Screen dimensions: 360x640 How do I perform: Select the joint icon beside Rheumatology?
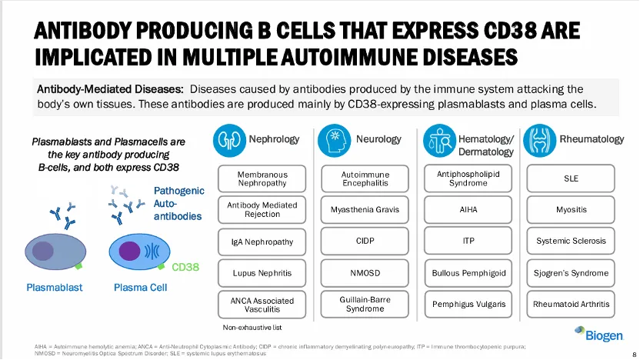pos(538,140)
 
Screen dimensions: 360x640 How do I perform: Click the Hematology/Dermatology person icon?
pos(439,140)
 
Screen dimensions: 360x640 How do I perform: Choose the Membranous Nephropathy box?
pos(262,178)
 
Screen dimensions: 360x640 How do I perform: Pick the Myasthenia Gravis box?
pos(365,209)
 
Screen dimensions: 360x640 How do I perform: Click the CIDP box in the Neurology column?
pos(365,241)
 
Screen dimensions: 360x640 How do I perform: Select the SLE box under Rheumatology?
pos(571,178)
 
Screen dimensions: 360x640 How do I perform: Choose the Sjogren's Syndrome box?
pos(571,272)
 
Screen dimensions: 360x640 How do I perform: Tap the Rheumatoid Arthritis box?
pos(571,304)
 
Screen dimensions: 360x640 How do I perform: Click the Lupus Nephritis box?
pos(262,272)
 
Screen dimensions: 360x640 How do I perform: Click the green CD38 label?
pos(185,267)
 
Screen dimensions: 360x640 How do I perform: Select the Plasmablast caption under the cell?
pos(55,288)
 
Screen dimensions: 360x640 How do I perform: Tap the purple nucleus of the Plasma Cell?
pos(129,251)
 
